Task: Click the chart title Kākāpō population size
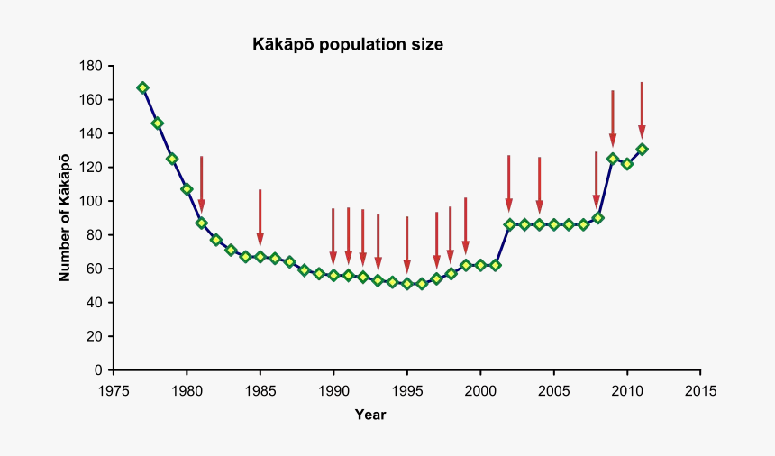[347, 43]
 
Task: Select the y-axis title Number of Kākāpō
[65, 218]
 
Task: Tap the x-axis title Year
[370, 415]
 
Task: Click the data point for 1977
[142, 87]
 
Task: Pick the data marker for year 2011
[642, 149]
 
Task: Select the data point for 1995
[406, 284]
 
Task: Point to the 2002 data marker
[509, 224]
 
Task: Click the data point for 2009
[613, 159]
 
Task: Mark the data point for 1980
[187, 189]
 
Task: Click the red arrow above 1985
[260, 217]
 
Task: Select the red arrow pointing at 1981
[201, 185]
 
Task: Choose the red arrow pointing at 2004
[539, 186]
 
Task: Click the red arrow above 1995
[406, 244]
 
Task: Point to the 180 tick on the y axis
[90, 66]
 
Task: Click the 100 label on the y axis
[90, 201]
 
